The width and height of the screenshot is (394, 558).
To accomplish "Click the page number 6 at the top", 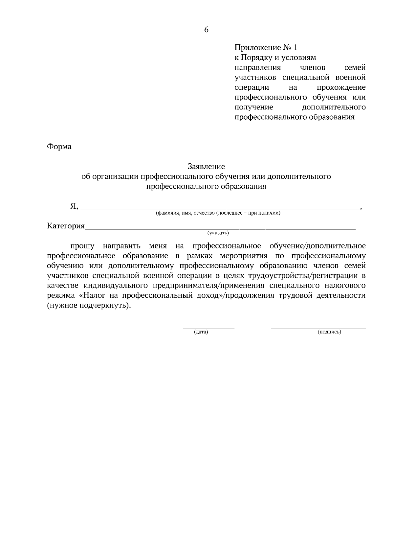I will (x=206, y=30).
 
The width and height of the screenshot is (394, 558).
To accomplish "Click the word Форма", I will (x=59, y=147).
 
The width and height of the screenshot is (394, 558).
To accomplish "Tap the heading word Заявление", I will (x=206, y=167).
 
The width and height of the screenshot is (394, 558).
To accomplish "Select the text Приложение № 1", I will (x=266, y=48).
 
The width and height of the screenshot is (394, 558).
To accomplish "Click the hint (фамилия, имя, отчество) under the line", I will (x=218, y=213).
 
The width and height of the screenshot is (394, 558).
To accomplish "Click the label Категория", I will (x=66, y=226).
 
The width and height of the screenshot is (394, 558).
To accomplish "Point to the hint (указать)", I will (x=218, y=233).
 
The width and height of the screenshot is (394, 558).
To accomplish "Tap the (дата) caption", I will (x=201, y=332).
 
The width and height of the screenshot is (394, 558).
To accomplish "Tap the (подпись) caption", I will (x=329, y=332).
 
